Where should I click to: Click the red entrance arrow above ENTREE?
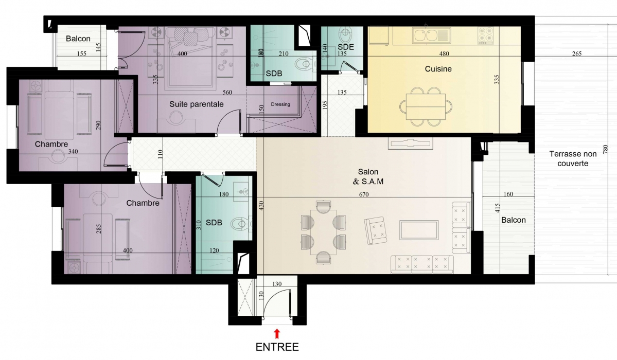pos(277,334)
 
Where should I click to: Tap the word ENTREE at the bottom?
pos(277,347)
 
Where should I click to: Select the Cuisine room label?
pos(438,69)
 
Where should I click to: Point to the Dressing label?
pos(280,104)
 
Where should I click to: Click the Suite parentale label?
pos(197,104)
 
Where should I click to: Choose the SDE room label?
pos(345,47)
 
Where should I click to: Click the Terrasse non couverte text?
pos(573,158)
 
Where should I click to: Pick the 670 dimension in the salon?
pos(364,194)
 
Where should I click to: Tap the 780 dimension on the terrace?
pos(606,150)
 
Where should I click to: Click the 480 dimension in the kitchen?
pos(444,54)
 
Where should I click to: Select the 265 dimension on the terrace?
pos(576,54)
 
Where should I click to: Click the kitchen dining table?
pos(426,106)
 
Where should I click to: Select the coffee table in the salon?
pos(419,230)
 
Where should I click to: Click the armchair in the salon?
pos(376,230)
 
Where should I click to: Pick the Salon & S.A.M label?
pos(368,176)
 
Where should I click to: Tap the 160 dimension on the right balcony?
pos(508,194)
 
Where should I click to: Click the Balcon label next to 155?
pos(78,39)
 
